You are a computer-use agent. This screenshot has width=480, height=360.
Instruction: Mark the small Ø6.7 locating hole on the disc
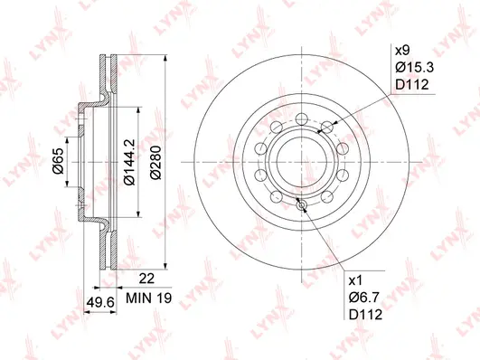(302, 205)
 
